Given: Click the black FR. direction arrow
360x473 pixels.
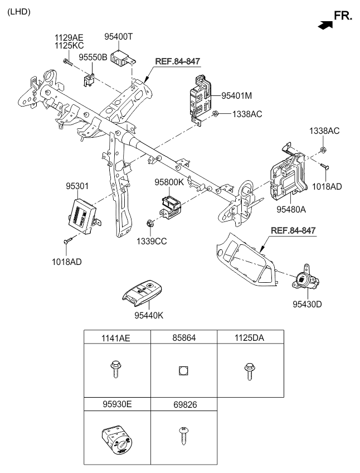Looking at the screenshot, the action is pos(325,25).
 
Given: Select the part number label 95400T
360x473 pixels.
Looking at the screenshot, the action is pos(119,36).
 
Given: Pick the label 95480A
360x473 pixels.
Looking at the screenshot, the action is pos(291,209).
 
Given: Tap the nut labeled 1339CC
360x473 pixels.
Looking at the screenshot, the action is pos(149,224).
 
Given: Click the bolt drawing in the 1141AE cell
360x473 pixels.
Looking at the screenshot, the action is pos(115,369).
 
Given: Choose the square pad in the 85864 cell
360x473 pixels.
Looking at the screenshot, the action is pos(183,370).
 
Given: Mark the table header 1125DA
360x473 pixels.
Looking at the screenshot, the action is pos(249,338).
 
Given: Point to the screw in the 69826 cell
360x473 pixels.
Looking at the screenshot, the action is pos(183,435).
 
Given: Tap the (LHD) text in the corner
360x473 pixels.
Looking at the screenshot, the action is pos(19,12).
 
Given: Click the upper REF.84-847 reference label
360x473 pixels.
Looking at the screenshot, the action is pos(178,61).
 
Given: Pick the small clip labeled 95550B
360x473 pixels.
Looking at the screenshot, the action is pos(88,80).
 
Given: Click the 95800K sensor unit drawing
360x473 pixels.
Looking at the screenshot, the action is pos(170,206).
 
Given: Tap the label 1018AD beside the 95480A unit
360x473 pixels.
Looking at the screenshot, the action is pos(327,187).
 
